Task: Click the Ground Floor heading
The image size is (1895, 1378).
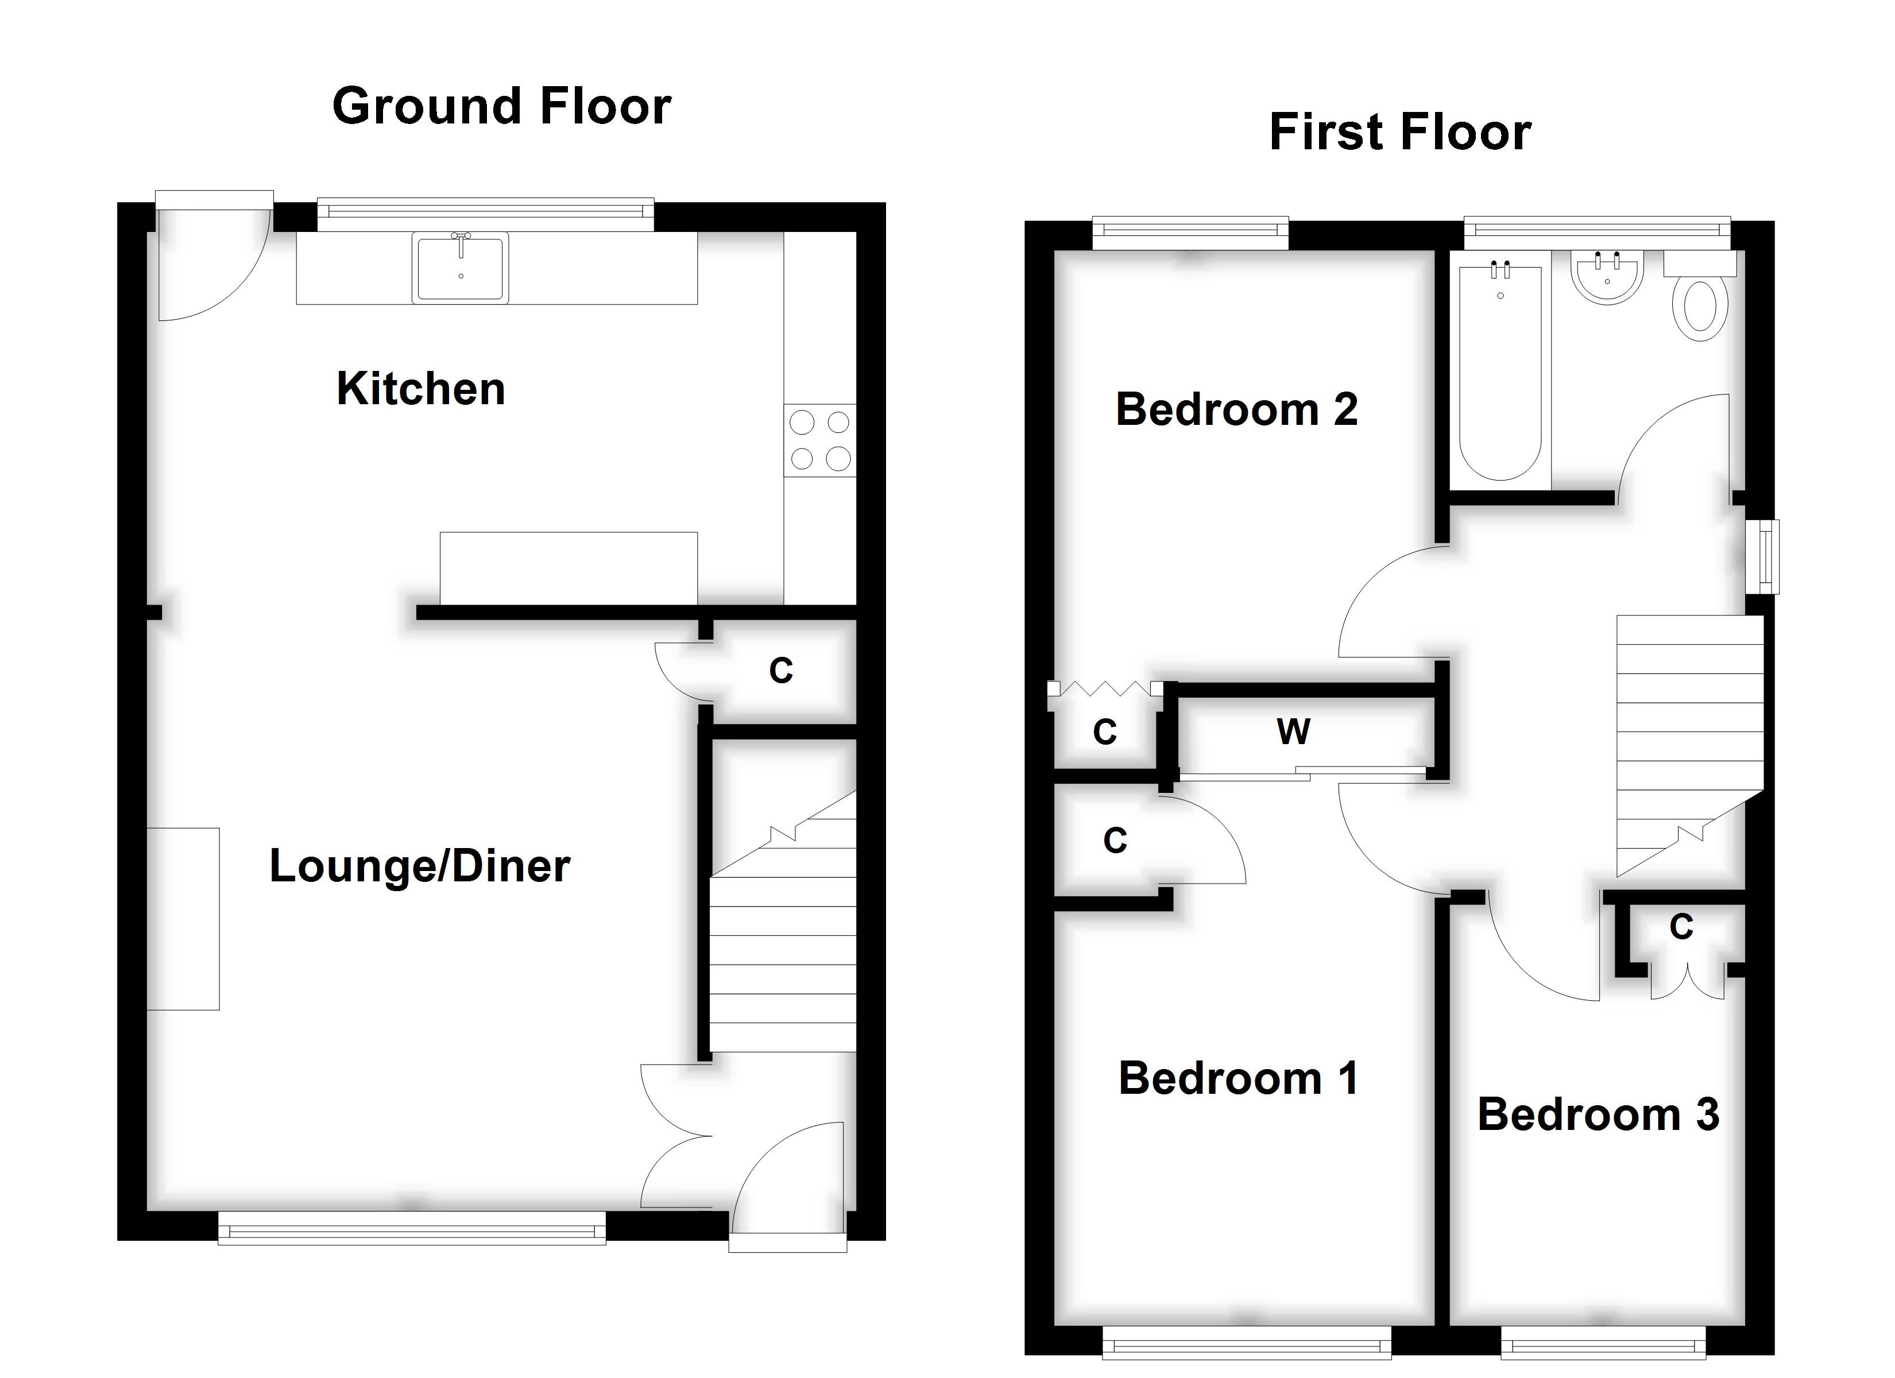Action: click(501, 106)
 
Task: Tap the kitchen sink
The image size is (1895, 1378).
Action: click(461, 268)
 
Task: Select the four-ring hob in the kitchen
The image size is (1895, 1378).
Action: click(819, 440)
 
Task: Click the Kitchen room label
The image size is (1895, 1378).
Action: click(420, 389)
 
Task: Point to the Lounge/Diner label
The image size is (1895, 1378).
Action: click(419, 866)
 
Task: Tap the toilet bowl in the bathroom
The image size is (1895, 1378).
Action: click(1700, 308)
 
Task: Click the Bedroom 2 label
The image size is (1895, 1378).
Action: click(1236, 409)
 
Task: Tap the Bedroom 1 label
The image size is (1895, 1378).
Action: click(1238, 1078)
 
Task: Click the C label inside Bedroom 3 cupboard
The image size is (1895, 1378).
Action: click(1681, 927)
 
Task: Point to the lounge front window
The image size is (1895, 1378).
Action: click(412, 1230)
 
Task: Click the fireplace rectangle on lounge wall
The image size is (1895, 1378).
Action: click(183, 919)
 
